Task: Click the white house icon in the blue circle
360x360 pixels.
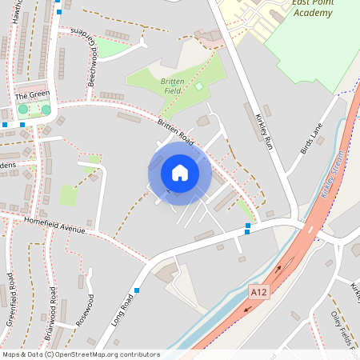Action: [179, 172]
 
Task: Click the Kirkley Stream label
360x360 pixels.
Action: [337, 173]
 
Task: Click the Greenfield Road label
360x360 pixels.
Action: [10, 300]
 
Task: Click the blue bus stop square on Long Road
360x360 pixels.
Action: [137, 290]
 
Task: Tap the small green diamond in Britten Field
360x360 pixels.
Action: [198, 86]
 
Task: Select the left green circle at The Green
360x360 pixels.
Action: [23, 109]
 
